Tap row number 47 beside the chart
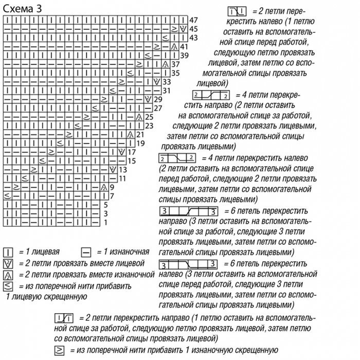[193, 20]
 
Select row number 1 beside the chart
[105, 222]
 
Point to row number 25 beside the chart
[150, 117]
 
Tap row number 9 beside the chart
[112, 187]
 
